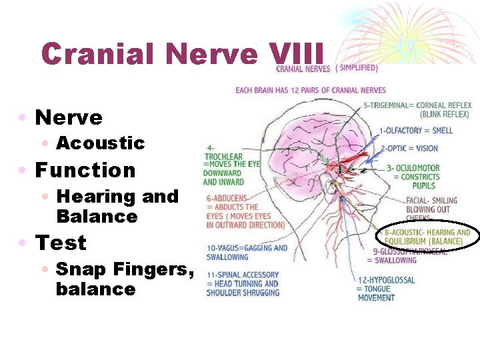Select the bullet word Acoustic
[x=101, y=143]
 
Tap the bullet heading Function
[x=85, y=170]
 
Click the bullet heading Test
[x=61, y=243]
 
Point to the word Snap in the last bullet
[x=78, y=269]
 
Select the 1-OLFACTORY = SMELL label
[x=415, y=131]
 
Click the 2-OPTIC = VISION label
[x=409, y=148]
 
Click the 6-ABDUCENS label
[x=227, y=198]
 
